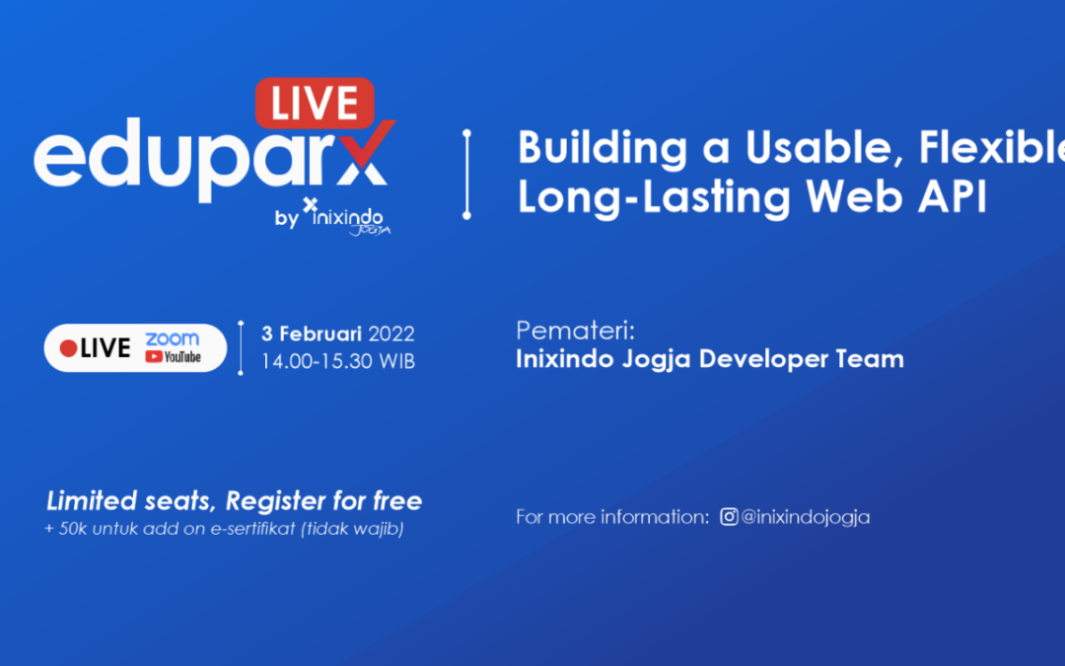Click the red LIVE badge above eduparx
click(x=315, y=104)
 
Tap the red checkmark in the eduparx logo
click(x=368, y=147)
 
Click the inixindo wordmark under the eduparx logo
click(x=347, y=217)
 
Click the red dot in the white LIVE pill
click(x=68, y=348)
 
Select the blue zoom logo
click(x=172, y=338)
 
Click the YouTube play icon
click(x=154, y=356)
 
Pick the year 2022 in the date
click(x=391, y=333)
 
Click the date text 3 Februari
click(x=312, y=333)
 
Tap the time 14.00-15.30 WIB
click(x=338, y=361)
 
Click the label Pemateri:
click(x=575, y=331)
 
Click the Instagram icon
click(x=729, y=516)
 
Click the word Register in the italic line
click(x=275, y=501)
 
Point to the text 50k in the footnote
click(x=73, y=529)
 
